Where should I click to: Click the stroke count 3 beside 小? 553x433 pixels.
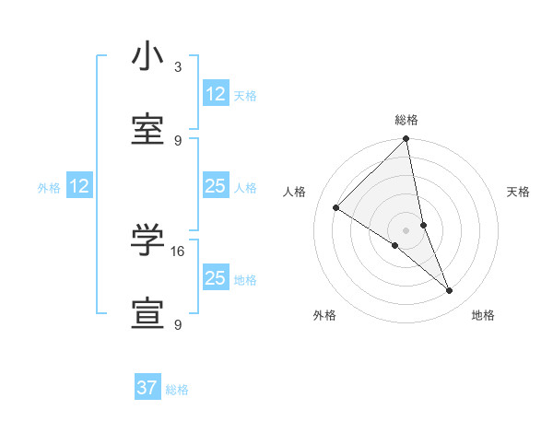point(178,67)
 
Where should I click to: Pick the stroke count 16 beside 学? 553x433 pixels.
point(180,251)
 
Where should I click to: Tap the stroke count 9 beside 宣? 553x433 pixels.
point(178,324)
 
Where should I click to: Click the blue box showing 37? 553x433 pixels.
point(147,388)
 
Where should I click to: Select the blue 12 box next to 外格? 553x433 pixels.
point(79,187)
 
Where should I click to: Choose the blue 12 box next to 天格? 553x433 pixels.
point(216,93)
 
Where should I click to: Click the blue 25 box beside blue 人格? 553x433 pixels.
point(216,186)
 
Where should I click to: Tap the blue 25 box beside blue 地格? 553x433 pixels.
point(216,278)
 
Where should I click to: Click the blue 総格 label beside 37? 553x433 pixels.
point(177,390)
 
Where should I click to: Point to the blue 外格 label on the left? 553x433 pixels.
point(49,188)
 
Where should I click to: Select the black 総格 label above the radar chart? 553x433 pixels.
point(406,120)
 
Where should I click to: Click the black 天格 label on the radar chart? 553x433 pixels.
point(518,192)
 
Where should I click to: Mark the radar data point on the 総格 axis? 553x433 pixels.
point(406,140)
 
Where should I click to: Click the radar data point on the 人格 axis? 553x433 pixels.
point(336,207)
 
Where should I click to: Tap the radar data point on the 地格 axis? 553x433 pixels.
point(450,291)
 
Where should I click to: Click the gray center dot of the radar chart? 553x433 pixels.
point(406,229)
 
